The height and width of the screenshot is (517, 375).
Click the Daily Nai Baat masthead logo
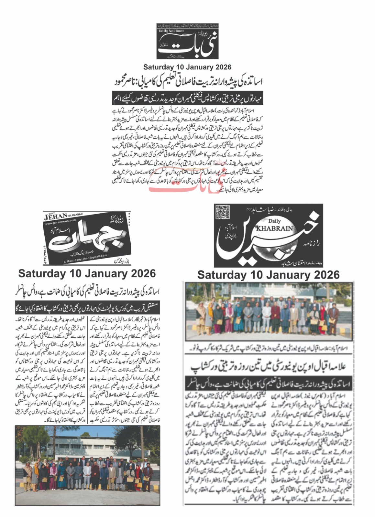pyautogui.click(x=187, y=41)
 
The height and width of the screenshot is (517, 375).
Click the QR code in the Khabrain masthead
pyautogui.click(x=222, y=212)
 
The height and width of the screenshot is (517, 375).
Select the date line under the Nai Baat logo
pyautogui.click(x=187, y=67)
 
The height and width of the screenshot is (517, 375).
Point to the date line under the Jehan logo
pyautogui.click(x=87, y=274)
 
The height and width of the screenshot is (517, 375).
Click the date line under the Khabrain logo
pyautogui.click(x=268, y=275)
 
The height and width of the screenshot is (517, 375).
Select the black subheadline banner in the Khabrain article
pyautogui.click(x=268, y=384)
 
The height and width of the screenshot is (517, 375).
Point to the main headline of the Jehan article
pyautogui.click(x=87, y=292)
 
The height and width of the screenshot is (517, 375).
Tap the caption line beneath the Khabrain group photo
pyautogui.click(x=268, y=349)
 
